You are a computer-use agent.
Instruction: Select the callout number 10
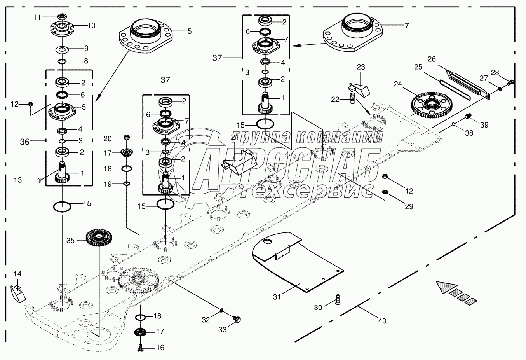click(x=91, y=26)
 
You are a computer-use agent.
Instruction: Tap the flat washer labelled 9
click(x=63, y=49)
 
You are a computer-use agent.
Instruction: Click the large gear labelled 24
click(x=430, y=104)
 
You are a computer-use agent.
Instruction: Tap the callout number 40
click(x=382, y=321)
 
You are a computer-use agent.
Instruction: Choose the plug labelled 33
click(x=237, y=320)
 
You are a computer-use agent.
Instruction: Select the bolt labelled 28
click(x=511, y=82)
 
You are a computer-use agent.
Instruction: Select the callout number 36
click(x=24, y=142)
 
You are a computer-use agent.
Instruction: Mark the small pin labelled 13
click(x=39, y=180)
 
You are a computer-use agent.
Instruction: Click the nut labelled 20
click(x=127, y=137)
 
